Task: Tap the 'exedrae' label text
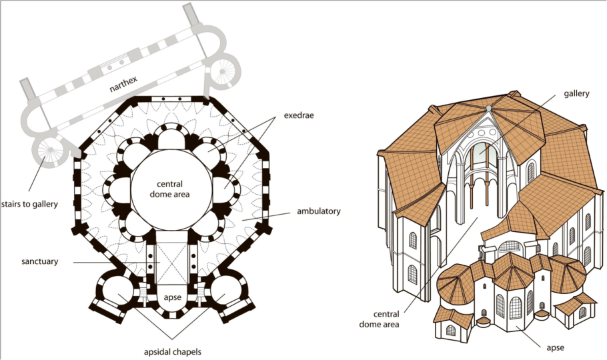298,115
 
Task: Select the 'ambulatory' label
319,211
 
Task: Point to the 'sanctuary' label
40,261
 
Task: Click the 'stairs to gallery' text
29,204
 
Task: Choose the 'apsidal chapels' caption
173,352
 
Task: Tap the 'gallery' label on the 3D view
576,94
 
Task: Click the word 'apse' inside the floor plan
173,297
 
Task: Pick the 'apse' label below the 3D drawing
555,347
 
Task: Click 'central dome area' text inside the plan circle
169,189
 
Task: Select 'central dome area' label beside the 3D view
379,319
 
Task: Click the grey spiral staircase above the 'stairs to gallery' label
51,151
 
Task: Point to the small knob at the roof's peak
489,107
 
